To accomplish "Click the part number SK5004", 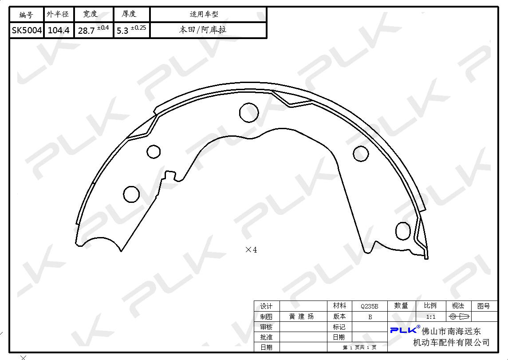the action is point(27,30).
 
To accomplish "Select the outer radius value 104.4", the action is point(59,30).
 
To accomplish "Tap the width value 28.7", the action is point(86,31).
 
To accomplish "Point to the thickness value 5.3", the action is point(122,31).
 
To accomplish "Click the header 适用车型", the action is point(204,14).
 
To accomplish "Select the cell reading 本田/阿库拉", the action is point(202,30).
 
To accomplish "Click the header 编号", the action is point(26,15).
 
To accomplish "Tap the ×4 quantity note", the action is point(251,249).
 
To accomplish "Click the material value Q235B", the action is point(369,306).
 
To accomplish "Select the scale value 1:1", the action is point(430,316).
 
